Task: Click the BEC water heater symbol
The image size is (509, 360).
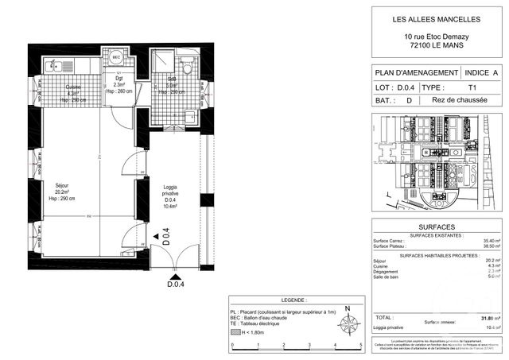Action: (x=116, y=59)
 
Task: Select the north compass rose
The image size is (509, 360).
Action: (x=347, y=323)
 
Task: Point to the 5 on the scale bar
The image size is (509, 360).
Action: (x=360, y=344)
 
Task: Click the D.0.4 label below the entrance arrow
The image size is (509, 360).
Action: (x=176, y=285)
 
